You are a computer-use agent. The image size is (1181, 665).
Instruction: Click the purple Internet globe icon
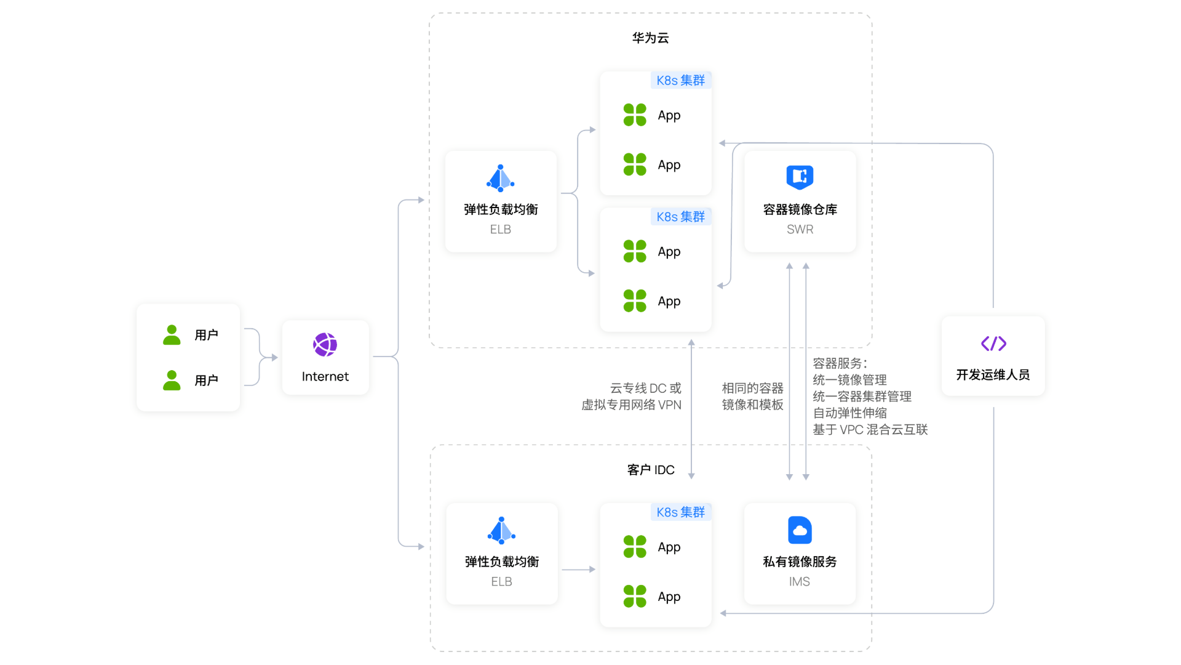coord(325,345)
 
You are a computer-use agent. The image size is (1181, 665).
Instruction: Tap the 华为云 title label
coord(650,38)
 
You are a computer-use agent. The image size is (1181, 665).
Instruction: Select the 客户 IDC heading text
coord(651,470)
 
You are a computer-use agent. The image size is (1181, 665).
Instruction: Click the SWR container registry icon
coord(800,177)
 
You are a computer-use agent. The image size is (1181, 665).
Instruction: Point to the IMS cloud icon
coord(800,530)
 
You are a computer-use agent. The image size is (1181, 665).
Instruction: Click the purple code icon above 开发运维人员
coord(993,344)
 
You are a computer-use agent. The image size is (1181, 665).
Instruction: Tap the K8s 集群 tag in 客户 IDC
coord(680,512)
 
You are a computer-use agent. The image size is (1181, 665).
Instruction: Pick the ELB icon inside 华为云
coord(501,178)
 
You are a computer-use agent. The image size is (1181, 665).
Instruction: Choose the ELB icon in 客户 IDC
coord(501,530)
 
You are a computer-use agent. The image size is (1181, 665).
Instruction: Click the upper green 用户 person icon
coord(172,335)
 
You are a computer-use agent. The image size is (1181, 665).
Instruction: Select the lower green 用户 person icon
coord(172,381)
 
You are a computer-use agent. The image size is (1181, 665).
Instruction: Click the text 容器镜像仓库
coord(800,210)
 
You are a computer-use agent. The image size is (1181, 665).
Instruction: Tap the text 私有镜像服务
coord(800,562)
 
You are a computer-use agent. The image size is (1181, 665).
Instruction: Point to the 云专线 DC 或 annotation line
coord(645,389)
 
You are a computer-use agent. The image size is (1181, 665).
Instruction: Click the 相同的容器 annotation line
coord(752,389)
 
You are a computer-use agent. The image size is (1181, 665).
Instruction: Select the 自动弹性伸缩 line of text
coord(849,413)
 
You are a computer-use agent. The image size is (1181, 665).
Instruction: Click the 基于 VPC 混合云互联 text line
coord(870,430)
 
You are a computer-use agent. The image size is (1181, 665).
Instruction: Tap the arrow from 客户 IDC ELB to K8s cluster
coord(578,570)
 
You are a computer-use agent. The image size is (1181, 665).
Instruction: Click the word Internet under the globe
coord(325,377)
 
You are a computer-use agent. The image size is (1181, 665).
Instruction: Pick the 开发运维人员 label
coord(993,375)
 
